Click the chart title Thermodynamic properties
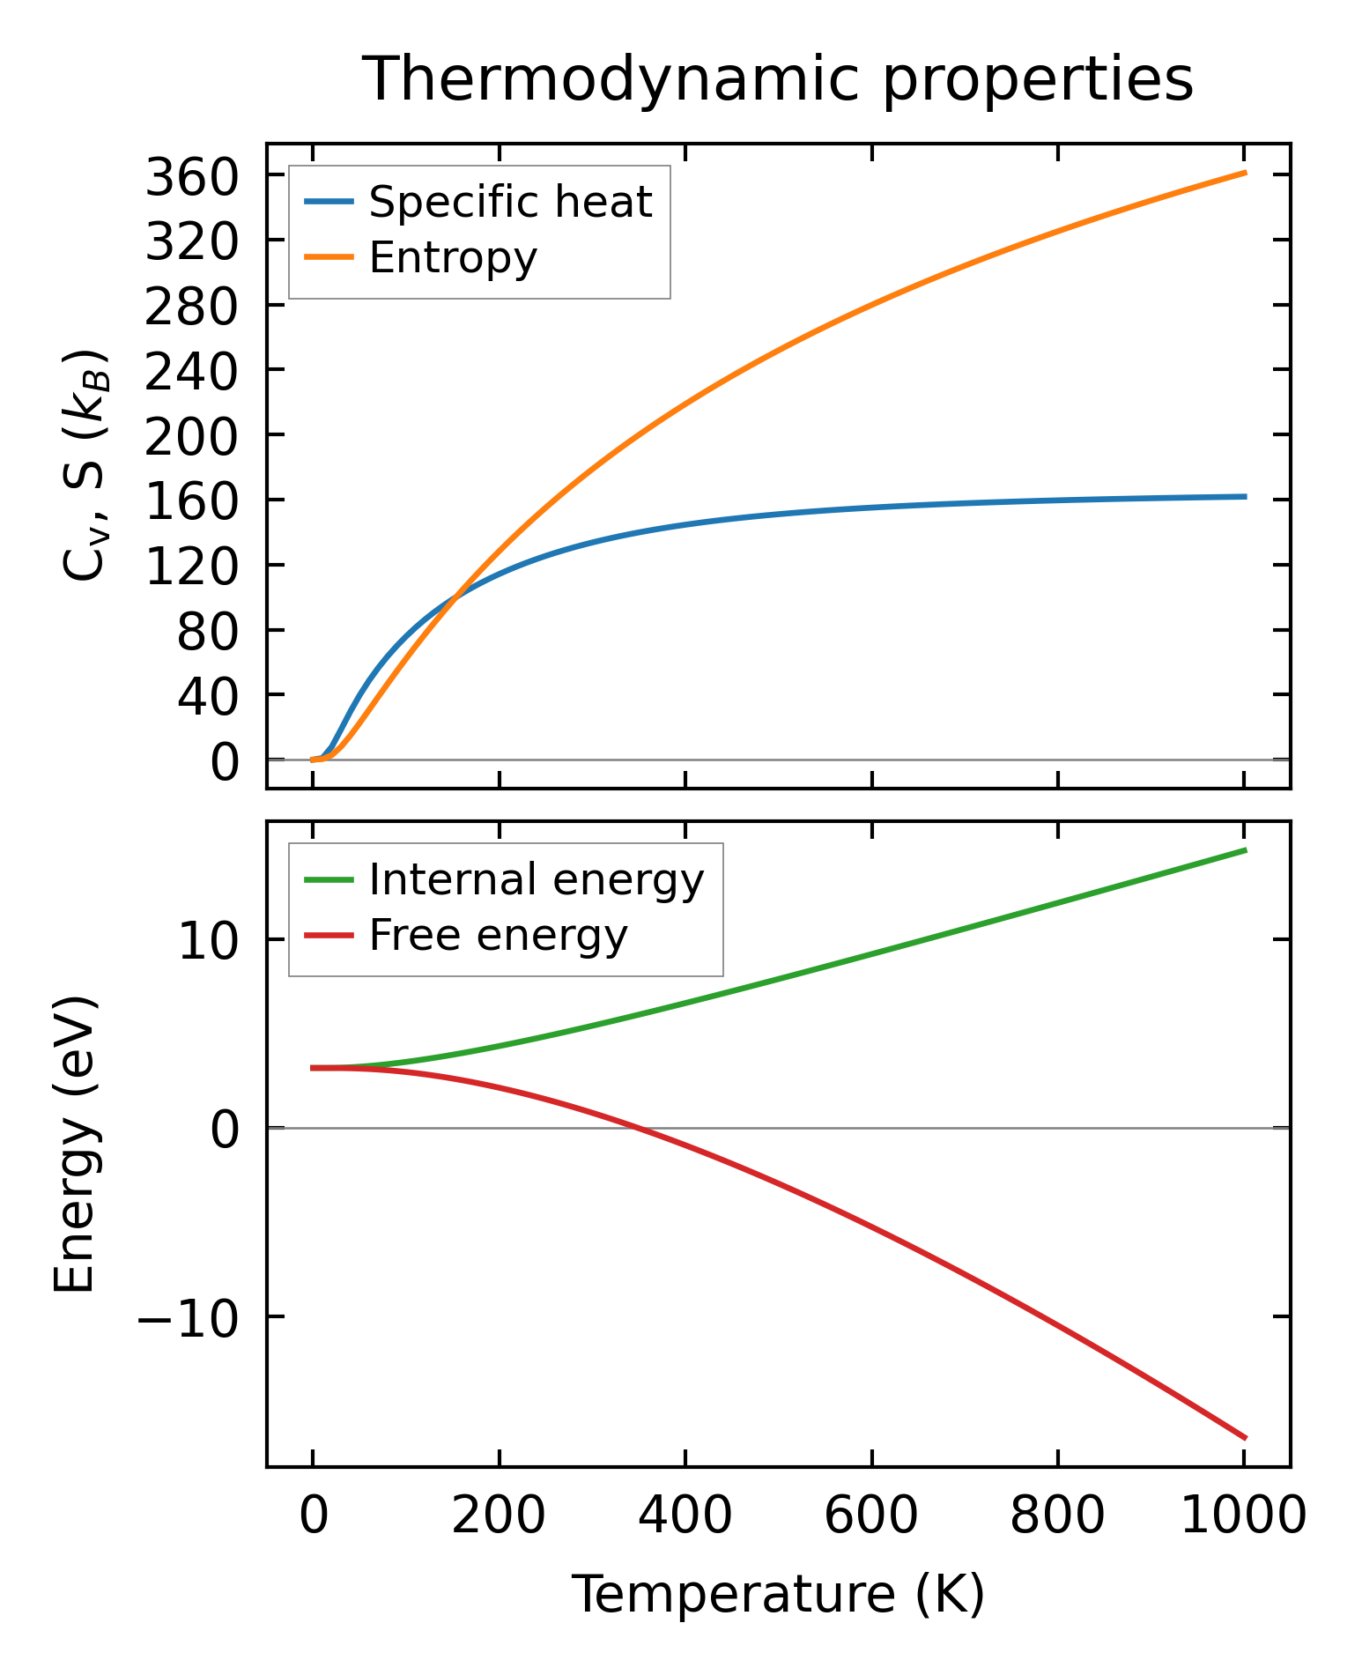tap(778, 79)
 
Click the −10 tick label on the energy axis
tap(187, 1317)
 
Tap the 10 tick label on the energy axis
tap(208, 941)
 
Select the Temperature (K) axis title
tap(778, 1594)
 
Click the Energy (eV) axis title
tap(74, 1145)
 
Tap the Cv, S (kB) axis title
tap(85, 465)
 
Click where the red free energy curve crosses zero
tap(641, 1128)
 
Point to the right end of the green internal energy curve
tap(1245, 850)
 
